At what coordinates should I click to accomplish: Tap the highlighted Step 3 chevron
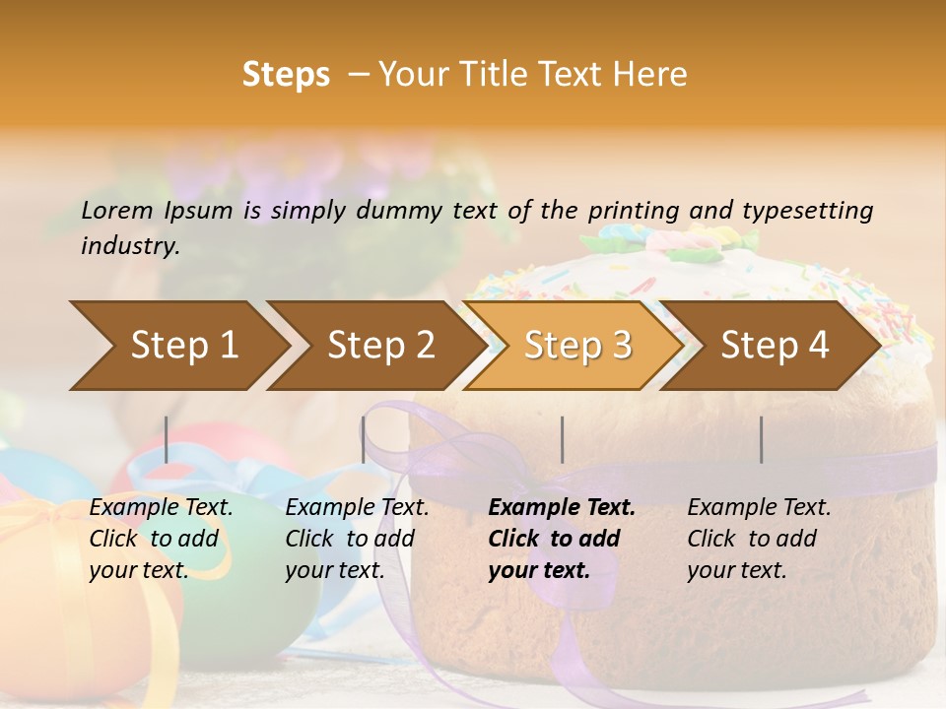pyautogui.click(x=572, y=346)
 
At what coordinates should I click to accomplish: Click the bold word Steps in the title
pyautogui.click(x=286, y=74)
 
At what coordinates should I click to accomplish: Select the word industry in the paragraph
pyautogui.click(x=129, y=245)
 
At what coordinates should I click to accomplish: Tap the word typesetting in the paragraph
pyautogui.click(x=818, y=210)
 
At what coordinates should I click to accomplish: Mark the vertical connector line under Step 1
pyautogui.click(x=167, y=439)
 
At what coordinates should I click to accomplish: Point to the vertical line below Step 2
pyautogui.click(x=364, y=439)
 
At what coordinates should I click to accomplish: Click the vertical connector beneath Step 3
pyautogui.click(x=562, y=439)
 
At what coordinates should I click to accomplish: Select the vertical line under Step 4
pyautogui.click(x=761, y=439)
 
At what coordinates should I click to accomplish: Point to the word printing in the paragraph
pyautogui.click(x=634, y=210)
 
